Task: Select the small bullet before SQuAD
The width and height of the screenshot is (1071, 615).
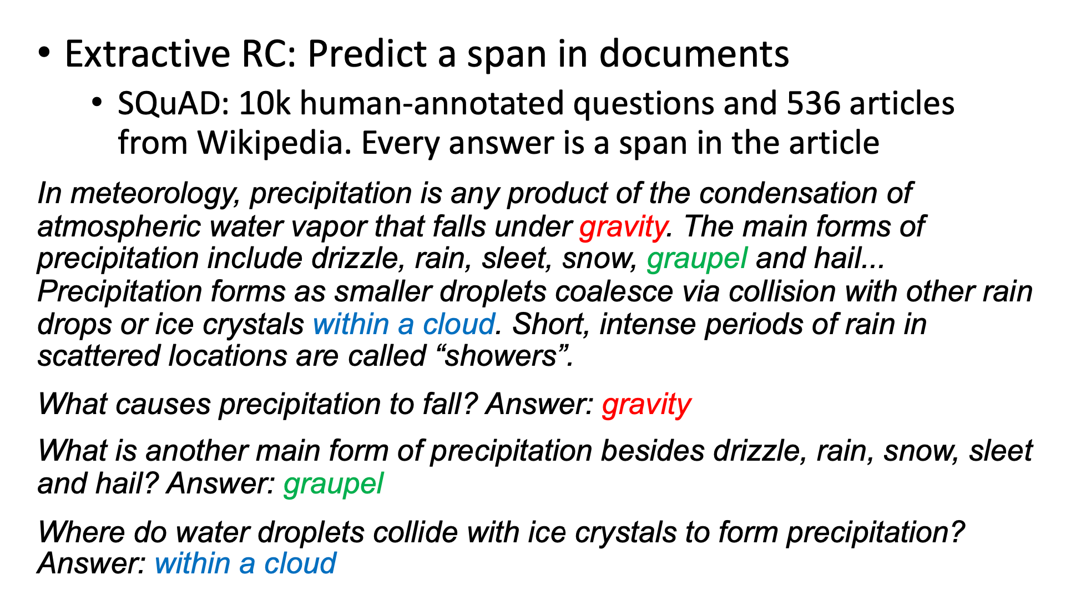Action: pyautogui.click(x=98, y=103)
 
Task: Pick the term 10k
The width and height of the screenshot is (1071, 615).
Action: pyautogui.click(x=265, y=104)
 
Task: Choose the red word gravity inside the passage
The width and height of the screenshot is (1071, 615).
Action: pyautogui.click(x=623, y=226)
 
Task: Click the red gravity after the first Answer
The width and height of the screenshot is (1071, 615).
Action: pyautogui.click(x=646, y=404)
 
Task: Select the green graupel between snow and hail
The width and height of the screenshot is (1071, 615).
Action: pyautogui.click(x=697, y=259)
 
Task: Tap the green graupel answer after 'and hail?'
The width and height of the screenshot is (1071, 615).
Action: pyautogui.click(x=333, y=483)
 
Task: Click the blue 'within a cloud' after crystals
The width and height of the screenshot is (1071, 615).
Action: pyautogui.click(x=403, y=324)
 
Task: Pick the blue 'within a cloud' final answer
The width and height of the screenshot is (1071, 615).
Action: pyautogui.click(x=245, y=563)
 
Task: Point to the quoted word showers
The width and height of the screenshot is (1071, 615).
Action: pyautogui.click(x=502, y=356)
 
